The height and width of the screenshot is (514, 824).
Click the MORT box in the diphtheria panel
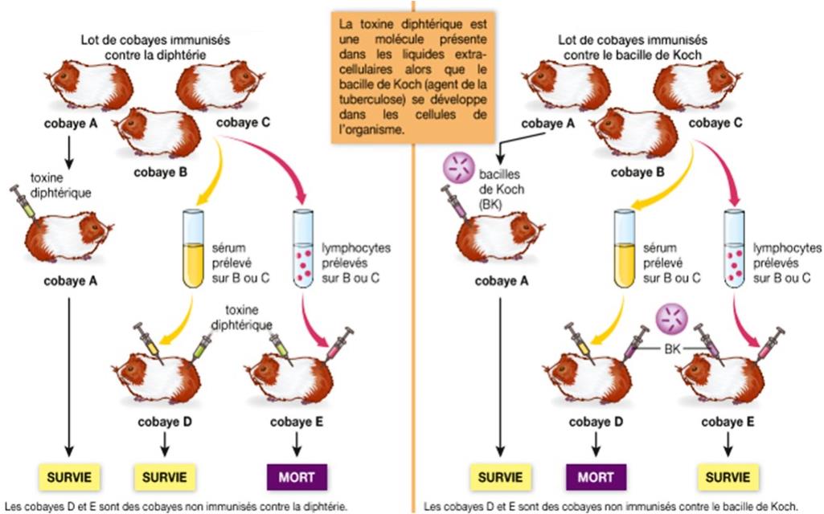click(297, 477)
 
